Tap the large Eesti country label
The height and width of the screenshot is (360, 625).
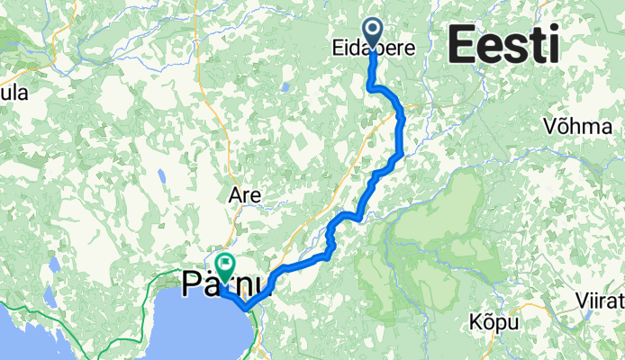(503, 43)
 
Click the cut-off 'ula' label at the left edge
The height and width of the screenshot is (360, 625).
(14, 94)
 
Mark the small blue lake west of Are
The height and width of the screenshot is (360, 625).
(161, 177)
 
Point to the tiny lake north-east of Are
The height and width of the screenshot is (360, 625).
(284, 87)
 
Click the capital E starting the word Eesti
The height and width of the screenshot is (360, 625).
(461, 43)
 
